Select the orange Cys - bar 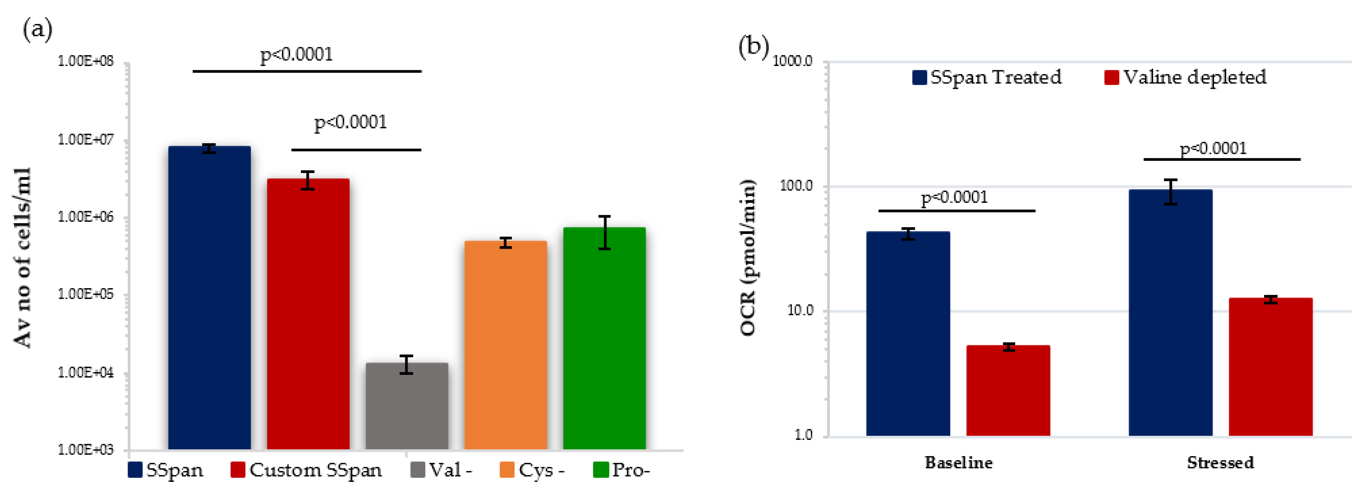[506, 345]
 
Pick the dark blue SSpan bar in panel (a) [209, 297]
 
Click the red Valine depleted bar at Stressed [1270, 366]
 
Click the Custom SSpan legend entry [306, 470]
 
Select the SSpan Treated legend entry [987, 77]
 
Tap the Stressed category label [1220, 463]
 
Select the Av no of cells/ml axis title [23, 258]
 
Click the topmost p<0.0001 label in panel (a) [296, 54]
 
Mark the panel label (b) [753, 47]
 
